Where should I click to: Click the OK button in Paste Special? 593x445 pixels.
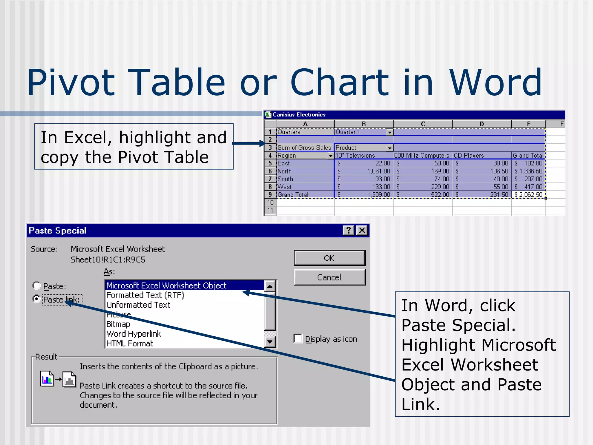329,258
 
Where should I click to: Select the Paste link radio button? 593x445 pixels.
36,299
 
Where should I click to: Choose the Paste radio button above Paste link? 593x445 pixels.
36,286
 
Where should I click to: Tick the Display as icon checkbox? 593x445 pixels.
298,339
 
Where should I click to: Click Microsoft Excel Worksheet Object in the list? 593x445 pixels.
166,285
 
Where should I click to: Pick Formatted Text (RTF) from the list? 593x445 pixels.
145,295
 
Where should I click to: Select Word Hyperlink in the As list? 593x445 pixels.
134,334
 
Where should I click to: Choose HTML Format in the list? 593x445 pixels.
130,343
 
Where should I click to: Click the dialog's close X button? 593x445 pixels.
362,230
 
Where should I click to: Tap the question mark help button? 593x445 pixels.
349,230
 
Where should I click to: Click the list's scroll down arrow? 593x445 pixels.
270,342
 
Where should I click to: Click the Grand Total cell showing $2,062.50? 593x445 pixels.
528,195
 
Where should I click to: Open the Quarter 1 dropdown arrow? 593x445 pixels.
390,132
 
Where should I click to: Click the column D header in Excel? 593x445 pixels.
482,124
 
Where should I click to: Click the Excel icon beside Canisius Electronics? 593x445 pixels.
268,114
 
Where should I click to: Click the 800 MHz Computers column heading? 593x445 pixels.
422,156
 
